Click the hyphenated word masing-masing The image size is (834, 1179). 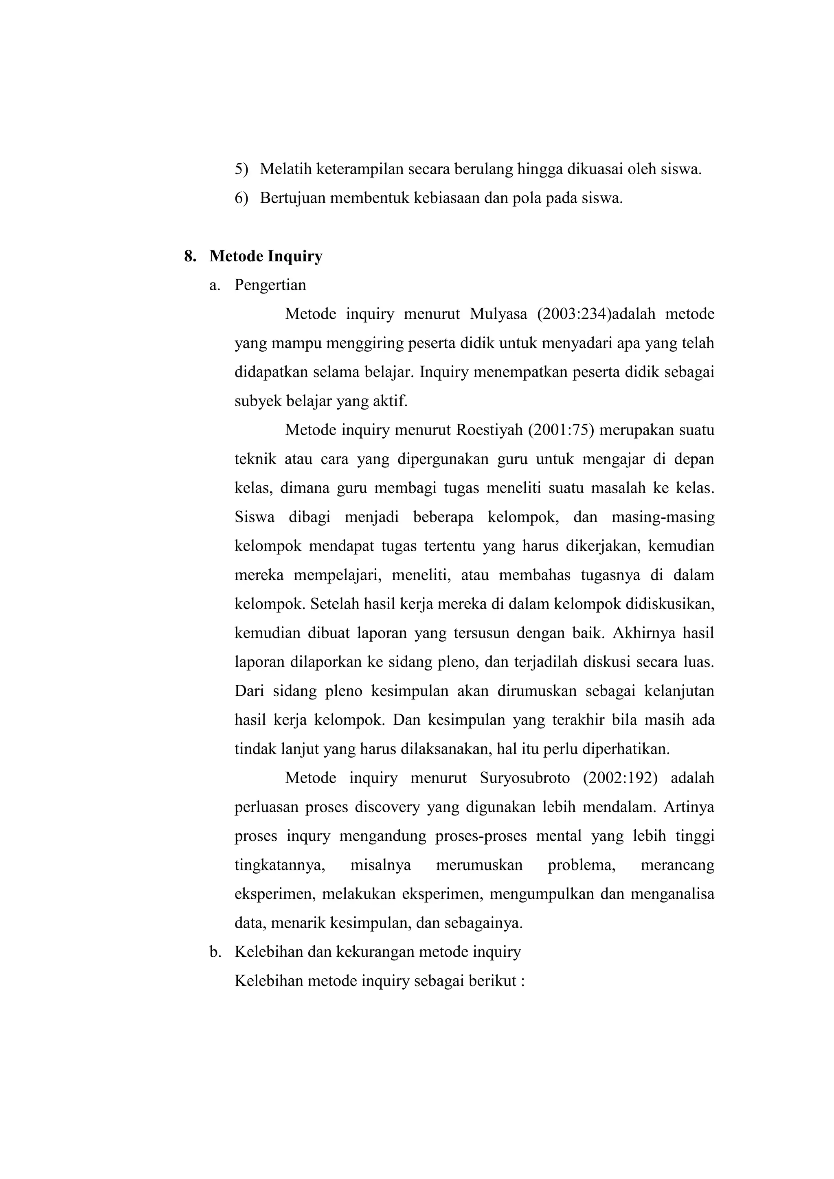tap(663, 517)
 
